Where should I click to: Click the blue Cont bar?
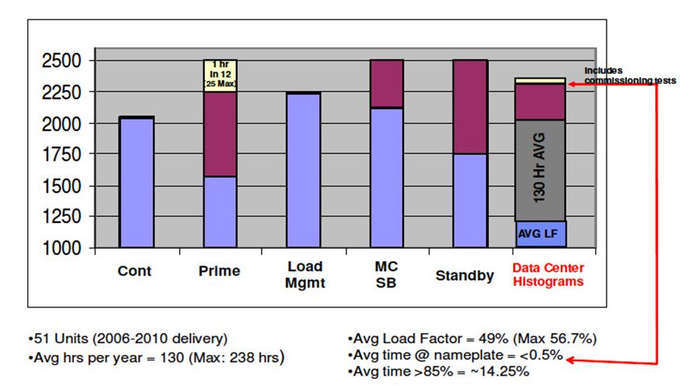[136, 183]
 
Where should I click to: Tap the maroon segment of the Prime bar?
[220, 134]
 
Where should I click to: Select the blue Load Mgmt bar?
[304, 171]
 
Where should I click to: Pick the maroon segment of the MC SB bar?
[386, 84]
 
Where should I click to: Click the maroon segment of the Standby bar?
[469, 106]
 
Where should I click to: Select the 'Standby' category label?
[464, 275]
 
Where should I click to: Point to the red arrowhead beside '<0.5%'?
[571, 358]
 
